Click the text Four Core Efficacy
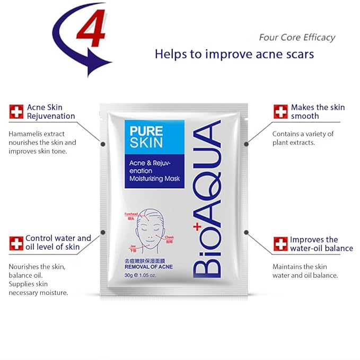click(297, 37)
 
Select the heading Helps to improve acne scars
click(234, 54)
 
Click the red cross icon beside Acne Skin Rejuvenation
click(16, 112)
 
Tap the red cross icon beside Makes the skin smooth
click(280, 112)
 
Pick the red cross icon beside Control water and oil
click(16, 243)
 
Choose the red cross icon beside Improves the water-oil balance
click(280, 244)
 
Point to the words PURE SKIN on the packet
click(145, 135)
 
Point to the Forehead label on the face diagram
click(131, 214)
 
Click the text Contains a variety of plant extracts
click(303, 138)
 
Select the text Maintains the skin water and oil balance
click(305, 270)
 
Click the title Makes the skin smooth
click(318, 111)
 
